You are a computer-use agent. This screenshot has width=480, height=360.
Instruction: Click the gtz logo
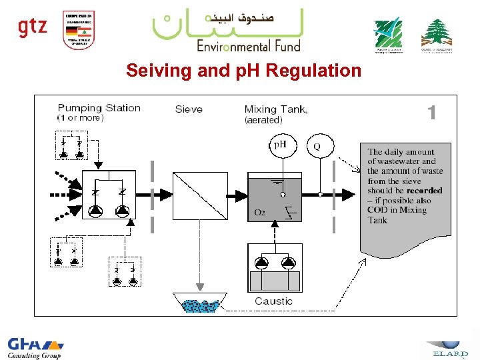tap(32, 27)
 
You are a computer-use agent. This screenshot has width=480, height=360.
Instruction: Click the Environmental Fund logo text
tap(248, 45)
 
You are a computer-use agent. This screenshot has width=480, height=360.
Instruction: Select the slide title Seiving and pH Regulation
tap(243, 71)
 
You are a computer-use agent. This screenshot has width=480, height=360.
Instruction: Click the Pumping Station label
tap(99, 108)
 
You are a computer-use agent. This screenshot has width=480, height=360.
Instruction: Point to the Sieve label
tap(189, 109)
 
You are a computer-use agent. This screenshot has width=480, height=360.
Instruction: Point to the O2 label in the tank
tap(260, 213)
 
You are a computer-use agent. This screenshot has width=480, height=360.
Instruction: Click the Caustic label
tap(273, 301)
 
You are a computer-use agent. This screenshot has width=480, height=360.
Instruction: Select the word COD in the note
tap(378, 210)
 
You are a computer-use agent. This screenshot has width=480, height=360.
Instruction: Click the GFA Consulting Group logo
tap(35, 347)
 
